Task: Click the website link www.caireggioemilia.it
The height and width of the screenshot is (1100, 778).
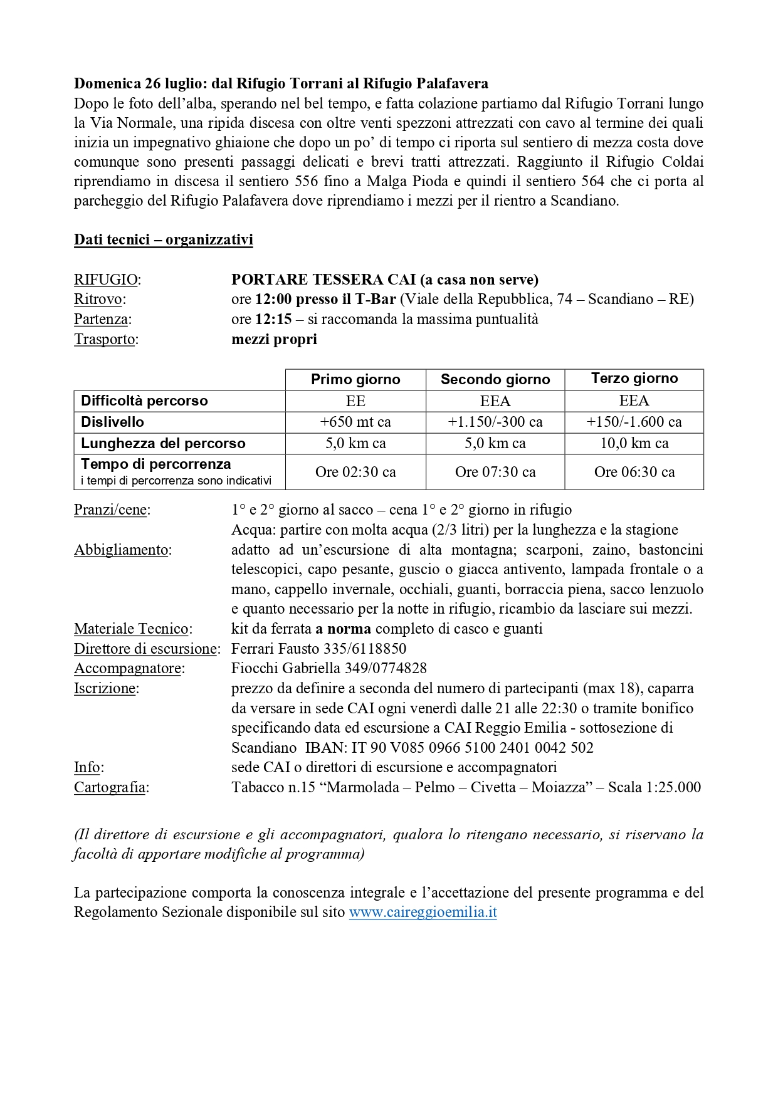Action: pos(423,912)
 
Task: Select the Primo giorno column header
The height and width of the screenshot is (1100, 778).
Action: pos(355,379)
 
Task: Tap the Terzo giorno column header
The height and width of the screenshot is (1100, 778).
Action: pos(634,379)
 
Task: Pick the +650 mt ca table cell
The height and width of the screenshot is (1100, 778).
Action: pos(355,422)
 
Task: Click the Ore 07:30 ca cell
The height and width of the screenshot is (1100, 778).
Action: pos(495,472)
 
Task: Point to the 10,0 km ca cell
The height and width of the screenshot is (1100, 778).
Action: pos(634,443)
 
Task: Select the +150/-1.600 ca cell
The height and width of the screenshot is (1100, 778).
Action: pos(634,422)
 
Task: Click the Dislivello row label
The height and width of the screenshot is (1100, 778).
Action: pos(113,422)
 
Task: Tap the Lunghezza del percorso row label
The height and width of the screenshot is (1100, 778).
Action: pos(163,443)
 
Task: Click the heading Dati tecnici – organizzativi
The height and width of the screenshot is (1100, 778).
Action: pos(164,239)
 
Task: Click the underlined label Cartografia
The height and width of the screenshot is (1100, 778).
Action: pos(110,787)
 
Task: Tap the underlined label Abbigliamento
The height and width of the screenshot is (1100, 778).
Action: pos(121,550)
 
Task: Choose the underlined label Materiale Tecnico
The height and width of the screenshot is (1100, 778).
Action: pos(132,629)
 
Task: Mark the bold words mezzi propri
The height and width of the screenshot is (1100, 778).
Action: pos(274,339)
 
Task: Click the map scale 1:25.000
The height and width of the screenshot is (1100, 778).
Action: pos(673,787)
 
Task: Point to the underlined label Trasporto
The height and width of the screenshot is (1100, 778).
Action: pos(105,339)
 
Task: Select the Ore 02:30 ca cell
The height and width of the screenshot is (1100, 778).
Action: pos(355,472)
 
